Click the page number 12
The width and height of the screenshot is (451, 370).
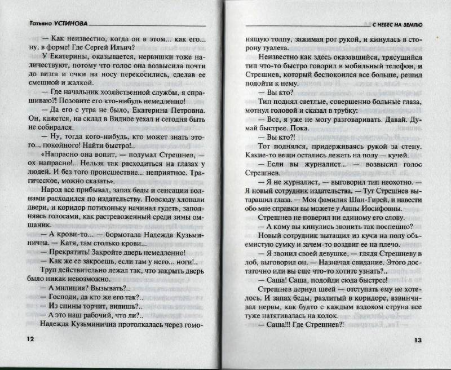coord(23,338)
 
